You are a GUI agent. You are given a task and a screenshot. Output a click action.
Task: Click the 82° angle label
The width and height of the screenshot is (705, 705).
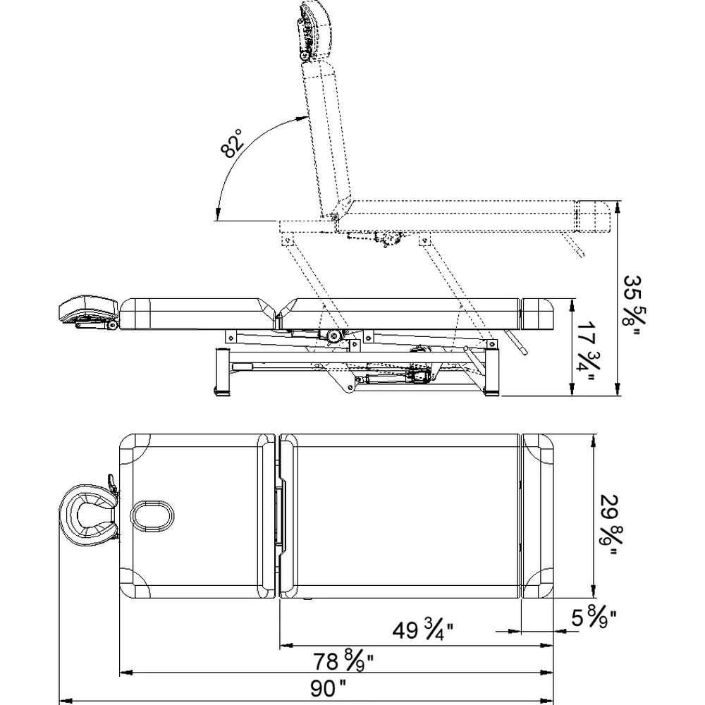232,143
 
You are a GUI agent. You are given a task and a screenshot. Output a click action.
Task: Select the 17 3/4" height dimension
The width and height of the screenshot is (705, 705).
587,350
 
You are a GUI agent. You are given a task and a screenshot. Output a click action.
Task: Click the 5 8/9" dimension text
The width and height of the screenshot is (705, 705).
594,618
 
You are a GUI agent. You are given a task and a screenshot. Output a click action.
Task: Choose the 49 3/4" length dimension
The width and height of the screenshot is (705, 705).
423,630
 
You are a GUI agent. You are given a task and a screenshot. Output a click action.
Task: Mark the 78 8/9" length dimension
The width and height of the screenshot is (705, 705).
344,661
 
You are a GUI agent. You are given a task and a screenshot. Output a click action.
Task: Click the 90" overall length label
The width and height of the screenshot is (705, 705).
329,688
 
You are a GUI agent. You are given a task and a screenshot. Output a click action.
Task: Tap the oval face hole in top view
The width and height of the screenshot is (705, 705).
153,515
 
